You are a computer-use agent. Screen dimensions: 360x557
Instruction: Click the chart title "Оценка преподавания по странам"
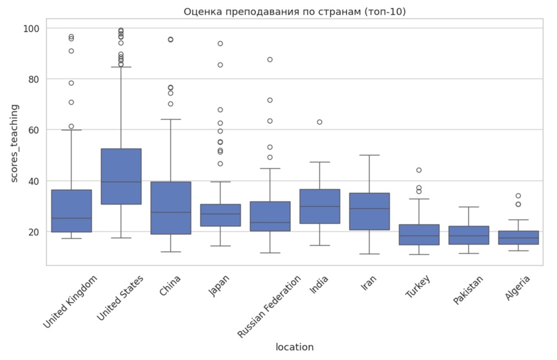(x=295, y=12)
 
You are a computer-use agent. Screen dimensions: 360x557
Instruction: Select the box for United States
(x=121, y=176)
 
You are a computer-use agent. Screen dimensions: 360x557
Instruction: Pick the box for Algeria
(x=518, y=238)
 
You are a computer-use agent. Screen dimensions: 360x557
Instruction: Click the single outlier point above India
(x=319, y=122)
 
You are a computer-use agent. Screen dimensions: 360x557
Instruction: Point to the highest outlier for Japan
(x=220, y=43)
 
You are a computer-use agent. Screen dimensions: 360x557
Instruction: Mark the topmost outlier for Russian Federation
(x=270, y=59)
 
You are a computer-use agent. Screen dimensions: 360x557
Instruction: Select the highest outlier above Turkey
(x=419, y=170)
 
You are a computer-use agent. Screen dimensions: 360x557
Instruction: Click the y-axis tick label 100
(x=32, y=28)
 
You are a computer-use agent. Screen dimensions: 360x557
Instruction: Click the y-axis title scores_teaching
(x=15, y=143)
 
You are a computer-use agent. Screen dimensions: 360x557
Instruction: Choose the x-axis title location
(x=295, y=347)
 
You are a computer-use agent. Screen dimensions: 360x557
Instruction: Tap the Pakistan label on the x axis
(x=468, y=290)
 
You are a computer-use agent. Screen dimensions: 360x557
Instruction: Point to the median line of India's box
(x=319, y=207)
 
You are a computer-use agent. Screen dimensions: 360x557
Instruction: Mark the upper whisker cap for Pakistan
(x=468, y=207)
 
